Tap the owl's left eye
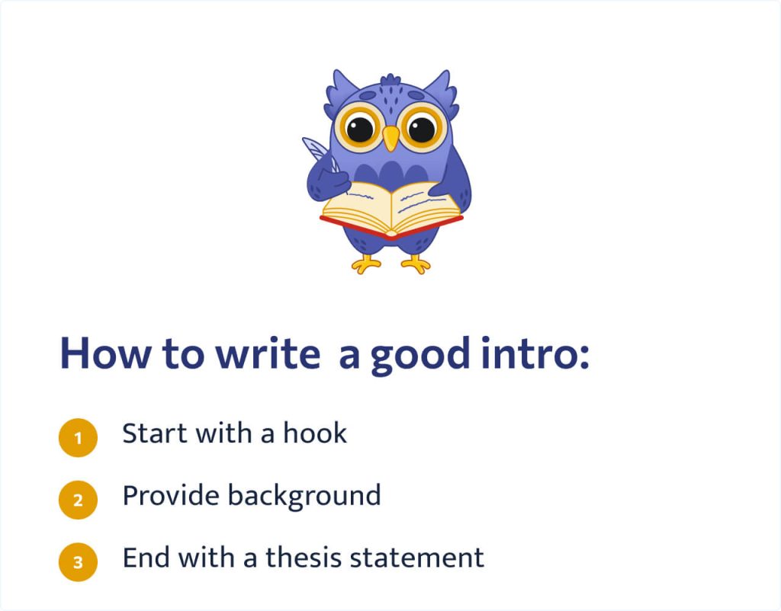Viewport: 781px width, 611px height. coord(360,128)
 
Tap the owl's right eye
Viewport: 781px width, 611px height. coord(422,128)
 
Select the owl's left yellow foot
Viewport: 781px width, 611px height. coord(367,263)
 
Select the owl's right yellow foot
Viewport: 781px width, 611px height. coord(416,263)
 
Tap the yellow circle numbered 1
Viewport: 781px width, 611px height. coord(78,437)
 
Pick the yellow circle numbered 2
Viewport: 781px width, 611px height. coord(78,500)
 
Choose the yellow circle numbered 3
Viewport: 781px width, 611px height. coord(78,562)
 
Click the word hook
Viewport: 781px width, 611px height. coord(315,433)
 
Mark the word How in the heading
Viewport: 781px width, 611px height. coord(98,355)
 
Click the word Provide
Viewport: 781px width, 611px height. coord(170,496)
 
